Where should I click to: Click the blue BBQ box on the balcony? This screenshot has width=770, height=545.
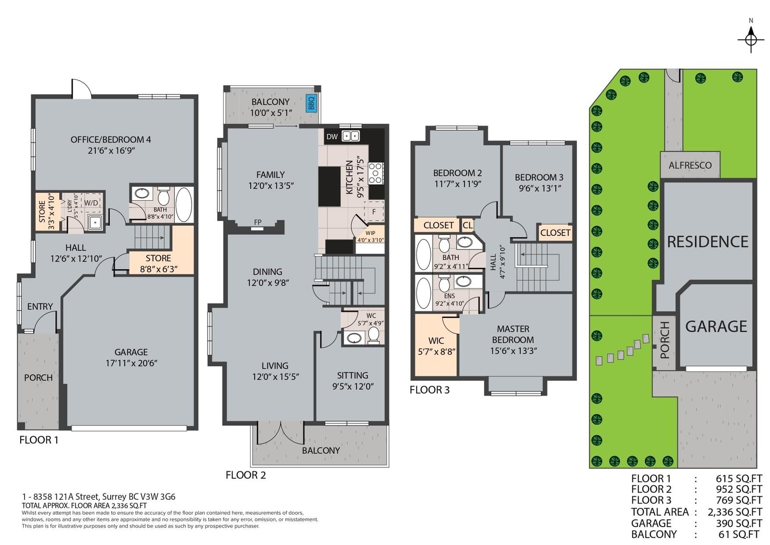coord(311,103)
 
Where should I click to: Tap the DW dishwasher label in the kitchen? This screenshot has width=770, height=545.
coord(332,137)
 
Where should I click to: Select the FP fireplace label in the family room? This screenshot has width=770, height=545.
coord(258,222)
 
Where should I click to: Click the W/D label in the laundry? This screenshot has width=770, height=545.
coord(91,203)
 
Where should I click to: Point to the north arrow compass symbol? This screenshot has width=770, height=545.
coord(751,39)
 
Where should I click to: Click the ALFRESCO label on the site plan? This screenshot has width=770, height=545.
coord(690,166)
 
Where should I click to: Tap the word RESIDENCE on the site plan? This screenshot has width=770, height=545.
coord(708,242)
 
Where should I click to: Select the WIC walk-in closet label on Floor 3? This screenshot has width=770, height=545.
coord(436,341)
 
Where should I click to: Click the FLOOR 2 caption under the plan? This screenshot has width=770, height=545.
coord(246,475)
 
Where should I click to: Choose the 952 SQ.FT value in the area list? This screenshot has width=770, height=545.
coord(739,489)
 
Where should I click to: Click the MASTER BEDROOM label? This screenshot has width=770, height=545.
coord(513,334)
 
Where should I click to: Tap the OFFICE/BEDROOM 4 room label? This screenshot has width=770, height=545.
coord(111,140)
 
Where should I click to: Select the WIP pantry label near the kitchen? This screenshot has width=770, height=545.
coord(370,233)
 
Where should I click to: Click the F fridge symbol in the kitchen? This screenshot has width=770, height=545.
coord(374,212)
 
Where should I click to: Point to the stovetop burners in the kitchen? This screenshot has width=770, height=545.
coord(376,173)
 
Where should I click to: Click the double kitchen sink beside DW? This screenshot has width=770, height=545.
coord(351,136)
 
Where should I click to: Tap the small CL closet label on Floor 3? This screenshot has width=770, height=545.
coord(467,225)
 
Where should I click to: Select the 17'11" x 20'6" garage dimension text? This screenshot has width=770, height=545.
coord(131,363)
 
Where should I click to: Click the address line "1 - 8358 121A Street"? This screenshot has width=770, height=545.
coord(61,496)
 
